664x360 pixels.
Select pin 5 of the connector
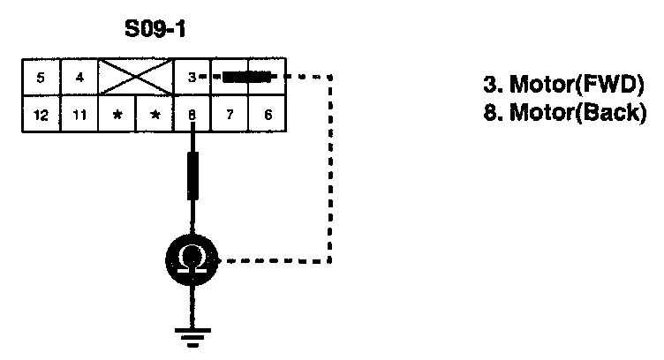click(41, 78)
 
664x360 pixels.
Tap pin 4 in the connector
click(79, 78)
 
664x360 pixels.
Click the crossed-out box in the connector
click(137, 78)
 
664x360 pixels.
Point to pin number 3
click(192, 78)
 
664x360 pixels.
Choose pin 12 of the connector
click(41, 114)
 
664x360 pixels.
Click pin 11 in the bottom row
click(79, 114)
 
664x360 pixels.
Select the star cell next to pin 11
click(117, 114)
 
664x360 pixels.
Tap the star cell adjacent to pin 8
click(155, 114)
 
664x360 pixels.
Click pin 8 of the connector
click(192, 114)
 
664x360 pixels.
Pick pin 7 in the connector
click(230, 114)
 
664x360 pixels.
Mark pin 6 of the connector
click(268, 114)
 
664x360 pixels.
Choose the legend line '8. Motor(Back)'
click(559, 114)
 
